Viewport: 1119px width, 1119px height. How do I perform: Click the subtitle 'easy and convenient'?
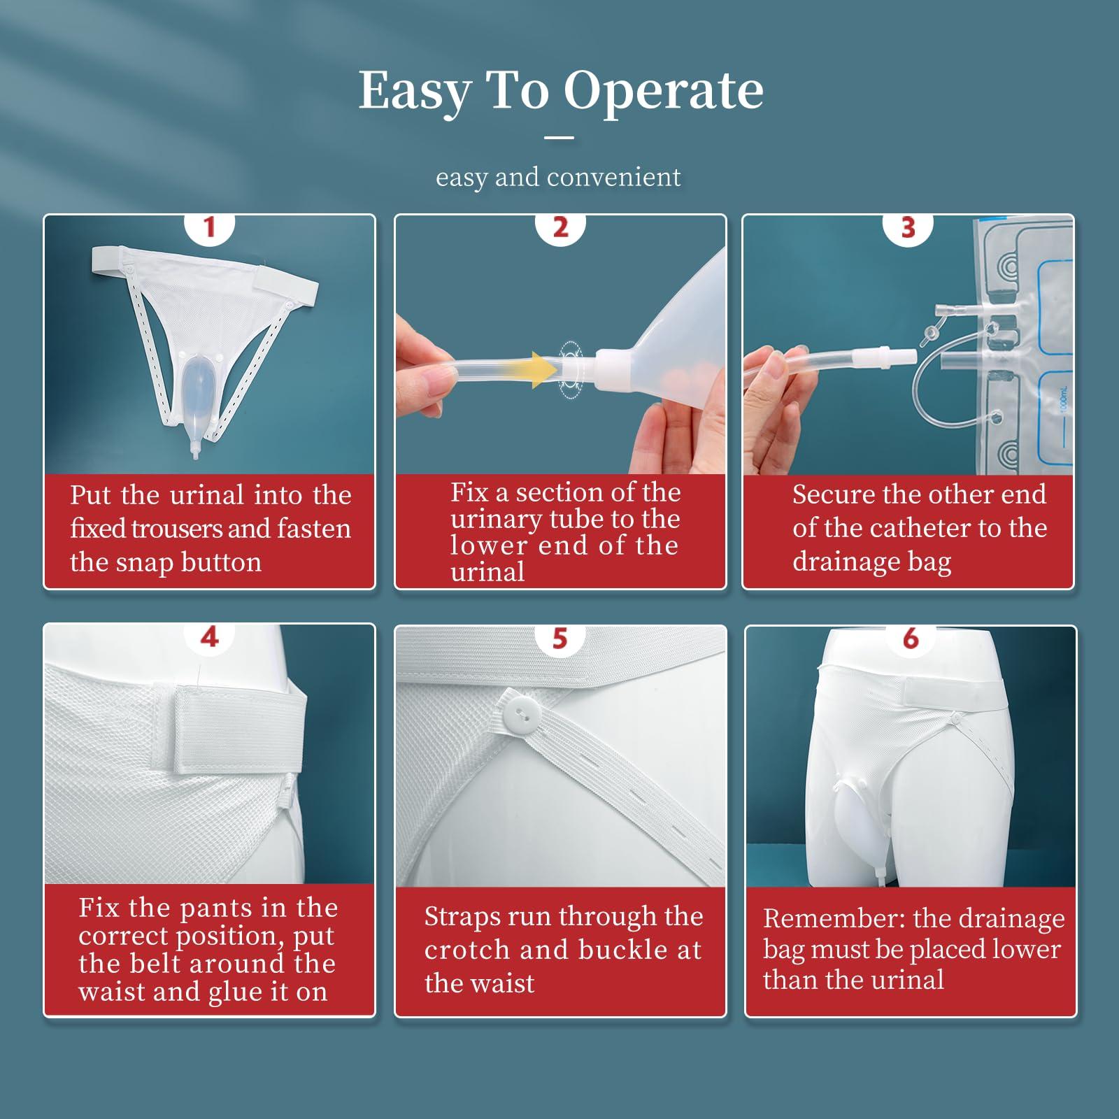pyautogui.click(x=557, y=177)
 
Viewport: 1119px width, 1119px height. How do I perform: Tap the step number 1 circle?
pyautogui.click(x=209, y=227)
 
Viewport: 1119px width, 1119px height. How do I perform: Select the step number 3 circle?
pyautogui.click(x=908, y=227)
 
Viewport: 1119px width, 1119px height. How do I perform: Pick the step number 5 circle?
pyautogui.click(x=559, y=638)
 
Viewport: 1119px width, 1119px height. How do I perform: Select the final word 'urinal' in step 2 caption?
pyautogui.click(x=487, y=572)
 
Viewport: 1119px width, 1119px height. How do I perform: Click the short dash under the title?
pyautogui.click(x=559, y=138)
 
